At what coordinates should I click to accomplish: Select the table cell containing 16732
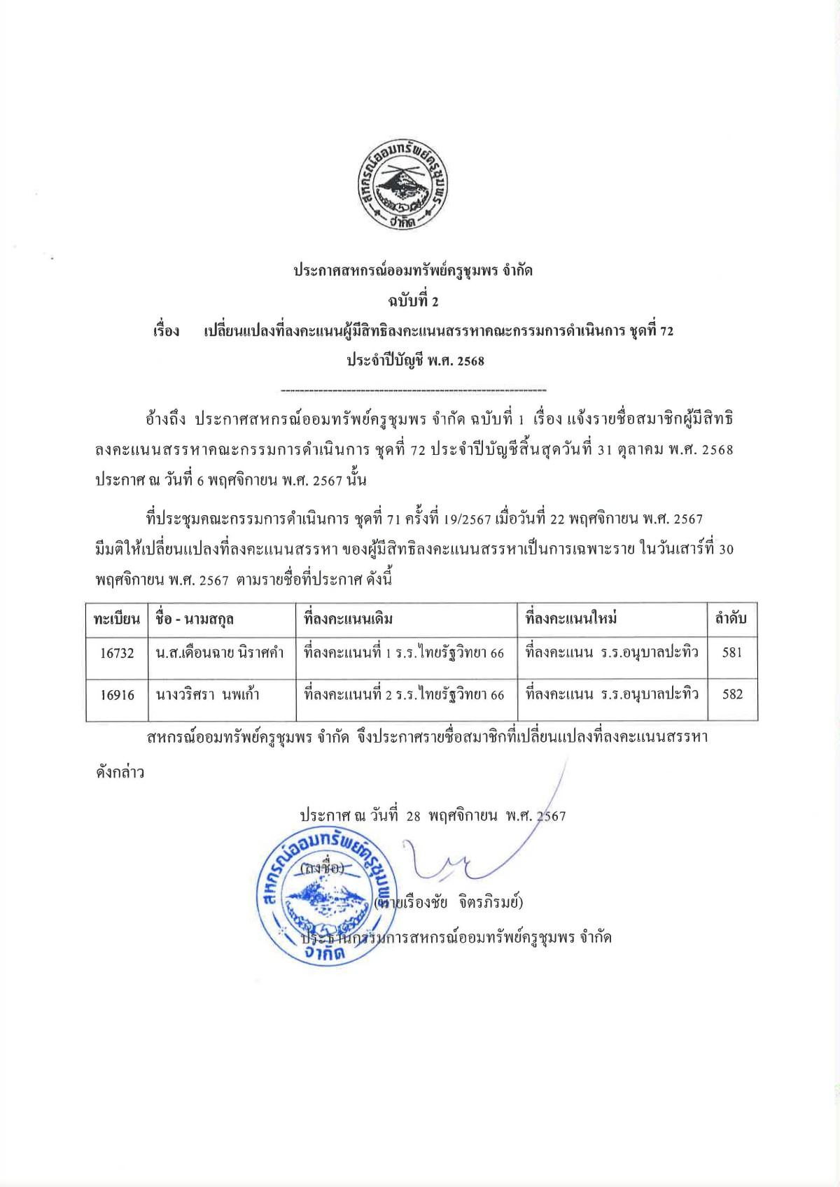point(117,653)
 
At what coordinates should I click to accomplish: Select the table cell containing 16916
point(117,695)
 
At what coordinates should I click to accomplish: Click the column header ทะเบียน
point(117,619)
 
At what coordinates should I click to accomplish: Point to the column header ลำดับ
point(731,619)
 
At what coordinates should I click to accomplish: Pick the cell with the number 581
point(731,652)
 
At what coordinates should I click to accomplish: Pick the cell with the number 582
point(731,694)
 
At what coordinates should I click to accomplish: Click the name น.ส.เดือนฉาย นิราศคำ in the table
point(220,653)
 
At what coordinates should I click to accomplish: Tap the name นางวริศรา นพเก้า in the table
point(208,695)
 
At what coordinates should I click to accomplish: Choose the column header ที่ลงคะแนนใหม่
point(571,619)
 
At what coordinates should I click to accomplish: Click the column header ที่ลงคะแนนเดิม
point(349,619)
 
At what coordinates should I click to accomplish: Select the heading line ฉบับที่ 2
point(413,301)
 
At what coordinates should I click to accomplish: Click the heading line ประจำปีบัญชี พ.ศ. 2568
point(416,361)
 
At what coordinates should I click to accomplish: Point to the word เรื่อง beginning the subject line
point(167,331)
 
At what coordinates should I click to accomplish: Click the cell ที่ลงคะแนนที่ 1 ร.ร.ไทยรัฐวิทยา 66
point(404,653)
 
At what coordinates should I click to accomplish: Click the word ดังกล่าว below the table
point(120,773)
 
